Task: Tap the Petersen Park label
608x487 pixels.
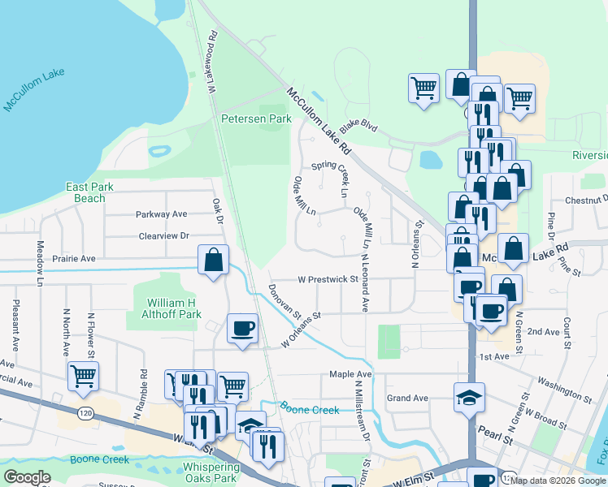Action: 256,119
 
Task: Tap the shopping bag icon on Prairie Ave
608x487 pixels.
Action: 213,261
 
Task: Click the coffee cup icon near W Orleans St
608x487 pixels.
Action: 242,329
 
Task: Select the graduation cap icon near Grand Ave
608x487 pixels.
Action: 469,398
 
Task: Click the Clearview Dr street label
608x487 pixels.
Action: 163,235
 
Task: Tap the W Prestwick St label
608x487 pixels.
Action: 328,279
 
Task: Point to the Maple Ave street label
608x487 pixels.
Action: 350,374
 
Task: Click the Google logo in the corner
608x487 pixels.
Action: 27,477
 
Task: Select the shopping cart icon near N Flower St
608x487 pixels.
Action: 83,376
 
